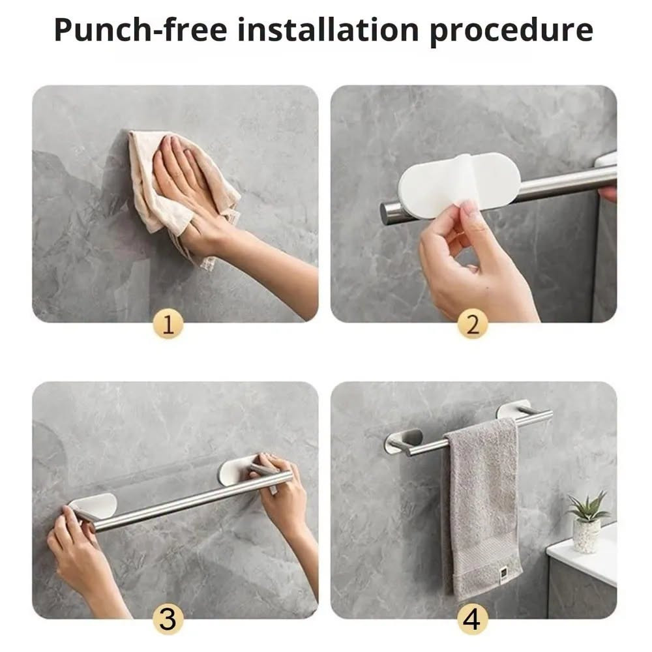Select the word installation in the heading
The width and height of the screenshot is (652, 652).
(x=328, y=29)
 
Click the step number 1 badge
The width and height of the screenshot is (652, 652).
(x=168, y=324)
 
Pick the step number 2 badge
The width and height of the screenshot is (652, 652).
(x=472, y=324)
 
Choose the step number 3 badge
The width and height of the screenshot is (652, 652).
(x=168, y=619)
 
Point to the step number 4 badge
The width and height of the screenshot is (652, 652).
(x=472, y=619)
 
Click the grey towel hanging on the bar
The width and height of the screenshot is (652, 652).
(x=482, y=507)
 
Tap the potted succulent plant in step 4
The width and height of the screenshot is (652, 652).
(x=587, y=522)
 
